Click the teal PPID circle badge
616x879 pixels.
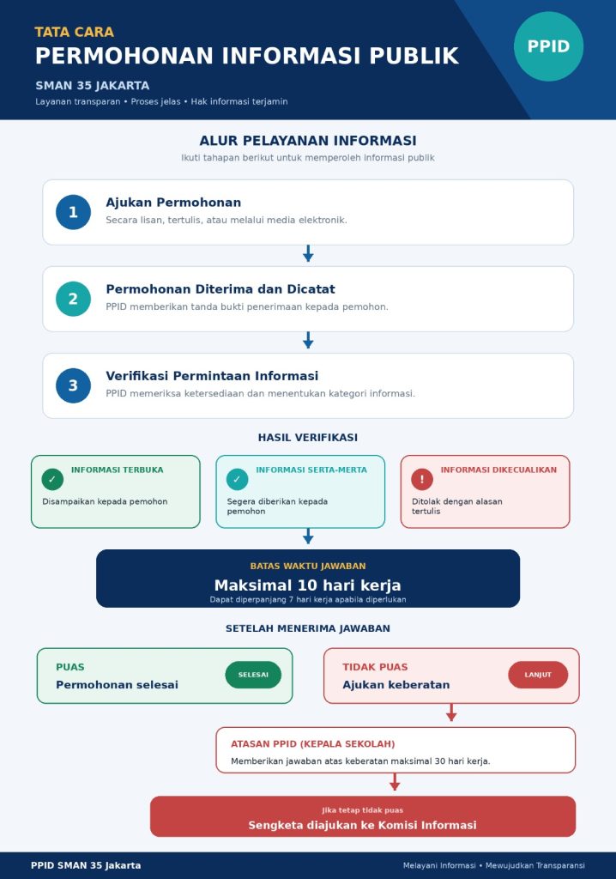pos(548,46)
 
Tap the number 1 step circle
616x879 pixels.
pos(73,213)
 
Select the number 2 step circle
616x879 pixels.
pos(73,299)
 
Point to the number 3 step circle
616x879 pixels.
pos(73,385)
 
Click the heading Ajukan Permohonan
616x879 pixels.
pos(173,203)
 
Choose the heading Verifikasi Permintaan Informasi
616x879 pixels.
pos(212,376)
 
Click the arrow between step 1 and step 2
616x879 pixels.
pos(308,253)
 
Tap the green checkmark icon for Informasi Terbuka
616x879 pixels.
pos(52,479)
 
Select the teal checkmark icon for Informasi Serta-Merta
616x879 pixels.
pos(237,479)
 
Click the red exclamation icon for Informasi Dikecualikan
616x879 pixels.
pos(422,479)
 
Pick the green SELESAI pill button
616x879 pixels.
pos(253,675)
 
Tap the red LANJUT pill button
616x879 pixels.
pos(538,675)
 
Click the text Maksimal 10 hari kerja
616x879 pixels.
pos(308,585)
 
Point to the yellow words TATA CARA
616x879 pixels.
pos(74,32)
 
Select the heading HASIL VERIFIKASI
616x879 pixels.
pos(308,437)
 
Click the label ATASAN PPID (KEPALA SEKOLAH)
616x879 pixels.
pos(313,744)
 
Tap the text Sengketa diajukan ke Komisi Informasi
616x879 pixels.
pos(362,825)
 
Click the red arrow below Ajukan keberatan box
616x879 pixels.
pos(451,712)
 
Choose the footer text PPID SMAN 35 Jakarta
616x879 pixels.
pos(86,865)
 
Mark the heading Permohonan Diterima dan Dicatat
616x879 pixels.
pos(220,289)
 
